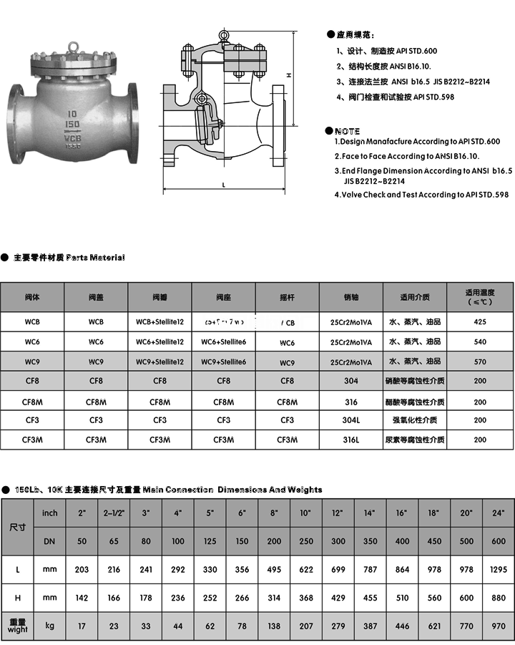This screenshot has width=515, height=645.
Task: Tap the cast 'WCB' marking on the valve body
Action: point(73,134)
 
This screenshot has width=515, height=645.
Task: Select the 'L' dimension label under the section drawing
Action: point(224,185)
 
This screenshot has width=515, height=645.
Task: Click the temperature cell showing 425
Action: point(480,322)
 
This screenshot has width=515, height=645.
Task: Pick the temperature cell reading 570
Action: point(480,362)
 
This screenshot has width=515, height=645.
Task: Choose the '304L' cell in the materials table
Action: point(350,420)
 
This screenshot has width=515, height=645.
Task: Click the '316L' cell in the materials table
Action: point(350,440)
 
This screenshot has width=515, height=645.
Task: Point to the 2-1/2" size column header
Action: point(114,513)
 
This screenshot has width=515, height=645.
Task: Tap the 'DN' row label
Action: point(49,540)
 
